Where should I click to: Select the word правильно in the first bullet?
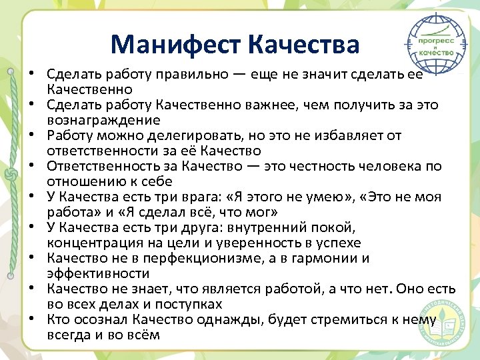click(x=211, y=74)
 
